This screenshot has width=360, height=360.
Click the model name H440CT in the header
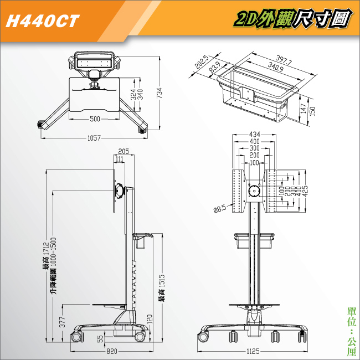(x=43, y=21)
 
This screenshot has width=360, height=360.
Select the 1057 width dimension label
(x=94, y=138)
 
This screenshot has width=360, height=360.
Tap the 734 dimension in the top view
(x=160, y=93)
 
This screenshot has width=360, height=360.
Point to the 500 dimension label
(x=95, y=119)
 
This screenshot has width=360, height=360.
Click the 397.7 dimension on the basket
(x=284, y=60)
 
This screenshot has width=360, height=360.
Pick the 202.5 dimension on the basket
(x=202, y=62)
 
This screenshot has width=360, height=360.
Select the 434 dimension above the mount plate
(x=255, y=135)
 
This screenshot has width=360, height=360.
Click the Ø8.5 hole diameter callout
(x=220, y=209)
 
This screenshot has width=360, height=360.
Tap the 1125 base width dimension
(x=253, y=351)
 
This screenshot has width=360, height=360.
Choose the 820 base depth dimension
(x=112, y=351)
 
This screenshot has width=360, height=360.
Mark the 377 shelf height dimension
(x=62, y=322)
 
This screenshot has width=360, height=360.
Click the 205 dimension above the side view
(x=124, y=151)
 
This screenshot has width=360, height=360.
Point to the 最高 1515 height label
(x=162, y=288)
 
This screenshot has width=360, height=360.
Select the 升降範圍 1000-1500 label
(x=53, y=266)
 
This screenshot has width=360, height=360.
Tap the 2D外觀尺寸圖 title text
(x=293, y=19)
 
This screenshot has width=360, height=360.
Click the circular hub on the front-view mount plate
(x=254, y=191)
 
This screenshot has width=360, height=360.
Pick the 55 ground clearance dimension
(x=100, y=339)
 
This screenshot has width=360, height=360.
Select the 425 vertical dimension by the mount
(x=305, y=191)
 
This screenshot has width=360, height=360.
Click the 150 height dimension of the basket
(x=313, y=111)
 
